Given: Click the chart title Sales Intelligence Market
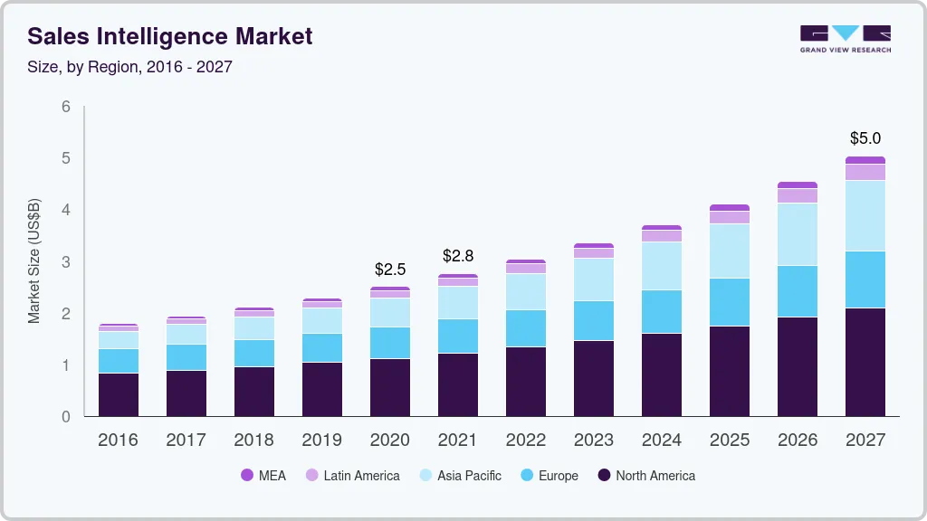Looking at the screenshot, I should pyautogui.click(x=170, y=36).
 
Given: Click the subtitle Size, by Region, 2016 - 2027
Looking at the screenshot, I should pyautogui.click(x=130, y=68).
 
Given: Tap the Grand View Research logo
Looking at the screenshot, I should pyautogui.click(x=845, y=38).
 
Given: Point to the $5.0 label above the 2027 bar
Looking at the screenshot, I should pyautogui.click(x=865, y=138).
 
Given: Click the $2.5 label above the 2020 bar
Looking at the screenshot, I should pyautogui.click(x=390, y=270).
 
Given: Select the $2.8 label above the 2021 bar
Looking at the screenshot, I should pyautogui.click(x=458, y=257).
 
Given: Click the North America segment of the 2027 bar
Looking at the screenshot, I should pyautogui.click(x=865, y=362).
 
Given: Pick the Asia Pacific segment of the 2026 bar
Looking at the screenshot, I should pyautogui.click(x=797, y=234).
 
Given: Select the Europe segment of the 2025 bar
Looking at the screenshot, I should pyautogui.click(x=730, y=302).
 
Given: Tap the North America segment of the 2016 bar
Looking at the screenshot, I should pyautogui.click(x=119, y=394).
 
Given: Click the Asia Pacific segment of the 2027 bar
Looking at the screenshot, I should pyautogui.click(x=865, y=215).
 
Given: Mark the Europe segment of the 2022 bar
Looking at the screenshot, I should pyautogui.click(x=526, y=328).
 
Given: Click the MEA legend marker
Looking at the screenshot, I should pyautogui.click(x=247, y=476).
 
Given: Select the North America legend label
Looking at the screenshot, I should pyautogui.click(x=655, y=476).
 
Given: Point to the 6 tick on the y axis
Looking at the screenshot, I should pyautogui.click(x=65, y=107).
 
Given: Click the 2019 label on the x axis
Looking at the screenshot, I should pyautogui.click(x=322, y=440).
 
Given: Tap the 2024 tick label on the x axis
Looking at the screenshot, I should pyautogui.click(x=662, y=440).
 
